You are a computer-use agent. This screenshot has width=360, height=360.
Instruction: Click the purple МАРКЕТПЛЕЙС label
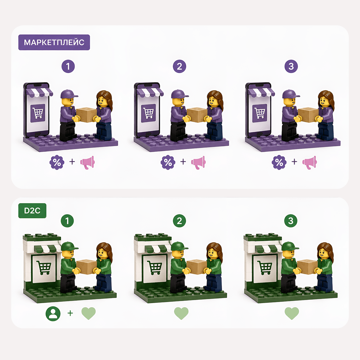coord(54,42)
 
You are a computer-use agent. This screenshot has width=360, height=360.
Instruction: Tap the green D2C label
coord(32,211)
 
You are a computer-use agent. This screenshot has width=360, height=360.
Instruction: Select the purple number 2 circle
coord(179,66)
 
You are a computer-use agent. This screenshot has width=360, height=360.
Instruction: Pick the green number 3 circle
coord(291,221)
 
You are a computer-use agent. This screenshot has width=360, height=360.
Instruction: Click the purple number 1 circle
coord(68,66)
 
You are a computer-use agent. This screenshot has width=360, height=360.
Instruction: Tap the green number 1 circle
coord(67,221)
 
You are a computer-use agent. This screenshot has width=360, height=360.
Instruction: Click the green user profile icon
coord(53,313)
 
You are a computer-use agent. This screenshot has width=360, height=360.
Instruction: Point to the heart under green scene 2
coord(181,313)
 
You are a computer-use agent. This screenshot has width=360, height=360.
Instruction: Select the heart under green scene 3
coord(292,313)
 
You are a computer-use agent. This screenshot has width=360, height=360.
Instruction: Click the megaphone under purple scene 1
coord(87,162)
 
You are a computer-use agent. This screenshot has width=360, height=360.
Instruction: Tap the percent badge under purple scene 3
coord(279,162)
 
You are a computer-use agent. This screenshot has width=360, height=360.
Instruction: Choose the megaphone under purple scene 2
coord(198,162)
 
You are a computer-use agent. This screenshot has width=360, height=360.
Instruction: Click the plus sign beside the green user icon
coord(70,313)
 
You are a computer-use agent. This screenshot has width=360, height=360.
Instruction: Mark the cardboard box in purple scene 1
coord(86,115)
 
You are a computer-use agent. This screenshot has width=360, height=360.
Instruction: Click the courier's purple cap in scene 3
coord(290,94)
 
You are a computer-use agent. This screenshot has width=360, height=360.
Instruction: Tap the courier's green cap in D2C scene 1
coord(69,246)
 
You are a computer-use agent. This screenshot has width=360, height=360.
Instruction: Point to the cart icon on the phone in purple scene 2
coord(148,113)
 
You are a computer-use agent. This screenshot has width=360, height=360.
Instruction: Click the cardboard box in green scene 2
coord(197,267)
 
